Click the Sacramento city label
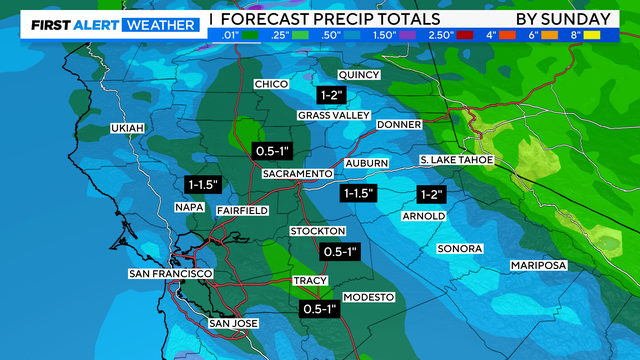coord(297,174)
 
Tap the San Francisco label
coord(170,273)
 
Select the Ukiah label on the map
coord(128,129)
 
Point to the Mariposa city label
coord(538,265)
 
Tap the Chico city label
coord(272,84)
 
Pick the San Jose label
coord(233,323)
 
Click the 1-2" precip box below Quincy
coord(331,95)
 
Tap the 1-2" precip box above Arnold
coord(432,193)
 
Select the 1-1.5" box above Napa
coord(203,185)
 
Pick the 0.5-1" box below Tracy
coord(320,310)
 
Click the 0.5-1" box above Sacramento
coord(273,151)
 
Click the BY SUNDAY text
coord(563,19)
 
